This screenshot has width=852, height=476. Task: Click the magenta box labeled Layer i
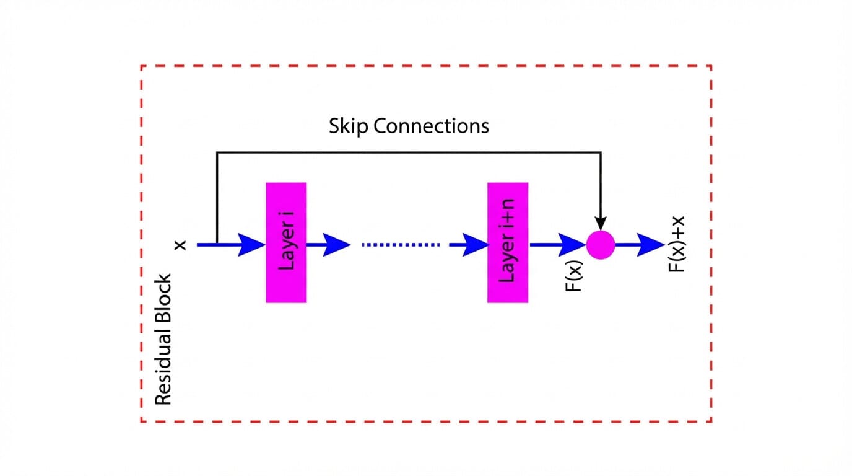pos(286,242)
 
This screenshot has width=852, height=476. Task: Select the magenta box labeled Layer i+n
pos(508,242)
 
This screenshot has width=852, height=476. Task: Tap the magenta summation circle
pos(600,245)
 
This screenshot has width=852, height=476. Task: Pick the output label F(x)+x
pos(678,244)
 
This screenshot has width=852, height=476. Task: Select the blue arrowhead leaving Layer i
pos(336,245)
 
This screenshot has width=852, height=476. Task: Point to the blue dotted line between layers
pos(401,245)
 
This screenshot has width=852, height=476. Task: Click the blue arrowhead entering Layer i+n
pos(475,245)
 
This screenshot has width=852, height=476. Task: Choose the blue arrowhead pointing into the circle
pos(572,245)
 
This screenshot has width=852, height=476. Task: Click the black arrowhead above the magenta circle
pos(600,223)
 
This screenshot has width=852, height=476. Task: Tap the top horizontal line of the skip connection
pos(409,152)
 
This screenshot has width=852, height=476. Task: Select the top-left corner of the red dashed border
pos(142,66)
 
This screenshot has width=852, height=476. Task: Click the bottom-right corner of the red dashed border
pos(711,421)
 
